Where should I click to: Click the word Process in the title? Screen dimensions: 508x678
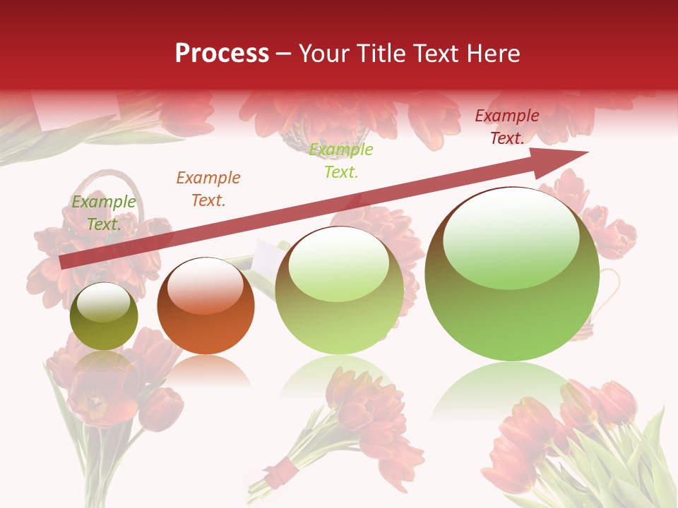pyautogui.click(x=222, y=54)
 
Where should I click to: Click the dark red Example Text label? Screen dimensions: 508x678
pyautogui.click(x=507, y=127)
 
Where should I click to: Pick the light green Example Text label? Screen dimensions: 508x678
pyautogui.click(x=341, y=161)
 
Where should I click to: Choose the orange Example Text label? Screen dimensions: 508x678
pyautogui.click(x=208, y=189)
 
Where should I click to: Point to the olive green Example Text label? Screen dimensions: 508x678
pyautogui.click(x=104, y=213)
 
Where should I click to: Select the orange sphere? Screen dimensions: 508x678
pyautogui.click(x=206, y=306)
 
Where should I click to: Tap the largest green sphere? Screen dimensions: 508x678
pyautogui.click(x=512, y=282)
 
